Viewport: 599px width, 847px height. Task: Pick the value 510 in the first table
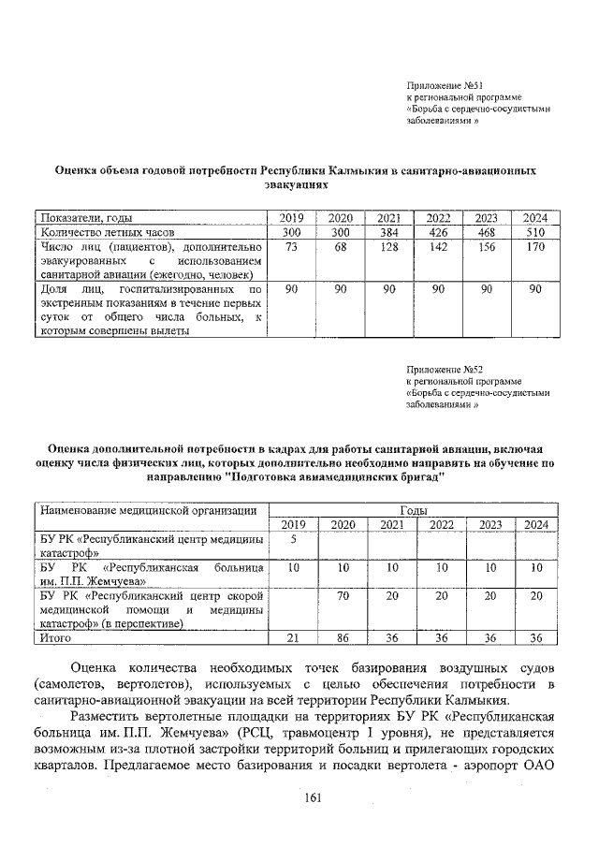point(534,231)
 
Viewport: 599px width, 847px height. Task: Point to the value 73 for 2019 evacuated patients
point(291,246)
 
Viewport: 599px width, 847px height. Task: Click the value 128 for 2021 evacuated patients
point(388,246)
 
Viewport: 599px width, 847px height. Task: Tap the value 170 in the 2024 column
point(534,246)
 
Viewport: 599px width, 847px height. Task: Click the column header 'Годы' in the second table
point(413,510)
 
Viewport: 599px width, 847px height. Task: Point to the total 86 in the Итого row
point(343,638)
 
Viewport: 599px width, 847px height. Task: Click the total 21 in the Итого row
point(293,638)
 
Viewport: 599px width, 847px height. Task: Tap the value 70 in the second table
point(343,594)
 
